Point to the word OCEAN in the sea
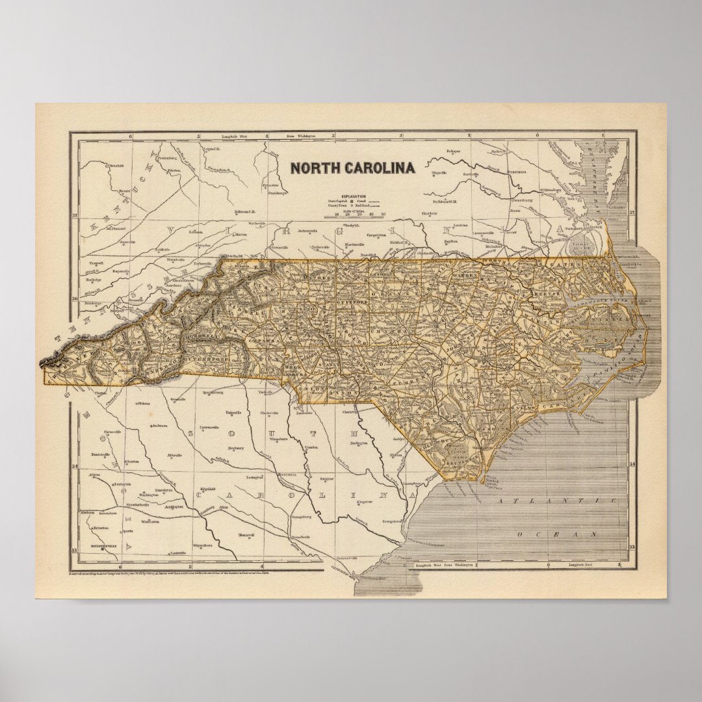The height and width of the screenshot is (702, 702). point(557,534)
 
